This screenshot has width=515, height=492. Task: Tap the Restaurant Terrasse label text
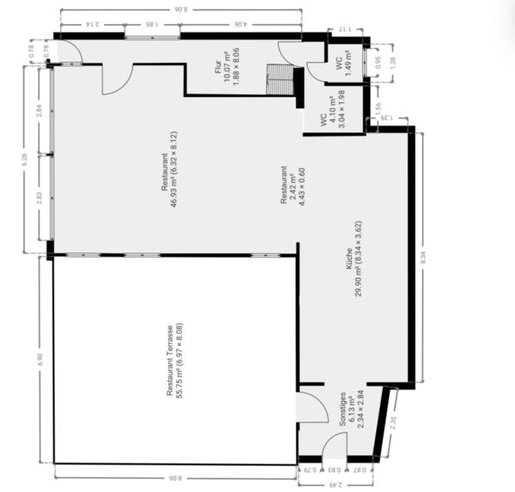click(x=175, y=361)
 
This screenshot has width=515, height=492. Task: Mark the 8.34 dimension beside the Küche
click(x=430, y=255)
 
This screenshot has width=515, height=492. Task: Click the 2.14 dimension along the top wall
click(x=89, y=25)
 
